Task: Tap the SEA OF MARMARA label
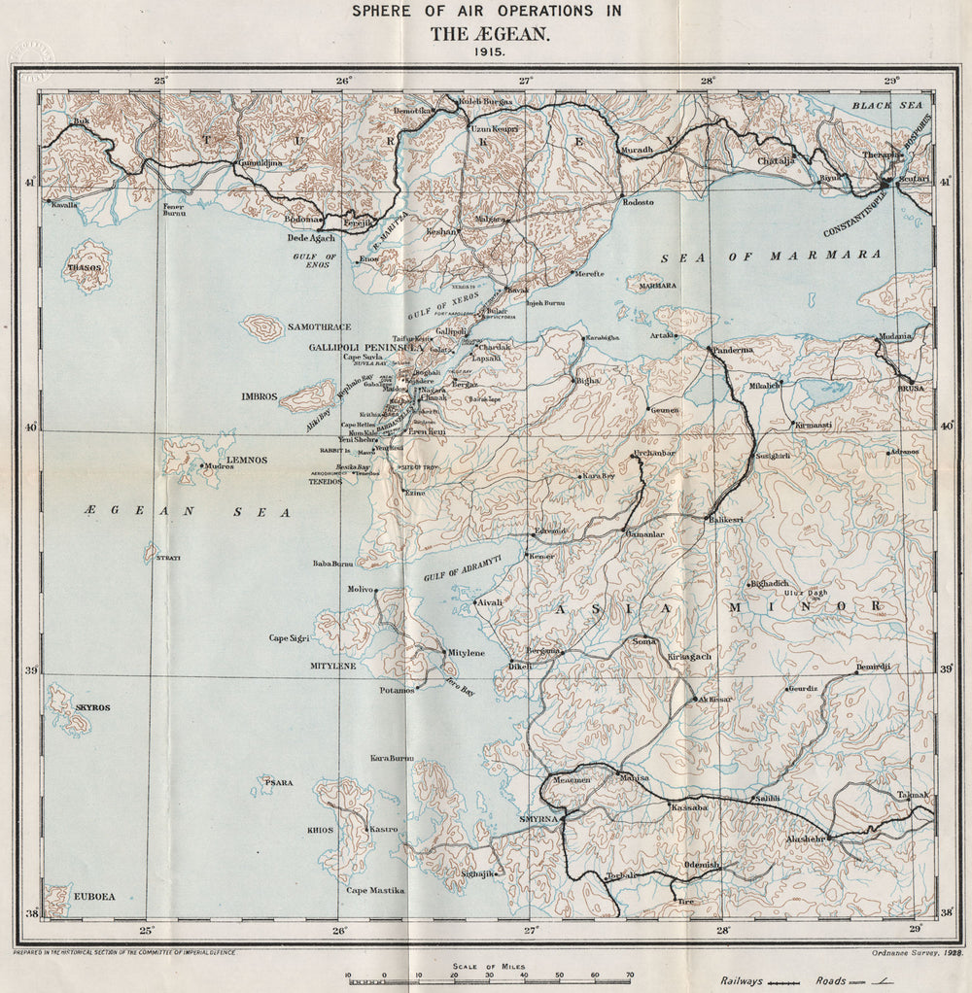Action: pyautogui.click(x=772, y=257)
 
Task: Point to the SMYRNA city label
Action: pyautogui.click(x=538, y=819)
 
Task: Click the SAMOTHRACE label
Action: pyautogui.click(x=319, y=327)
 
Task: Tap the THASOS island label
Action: pyautogui.click(x=86, y=264)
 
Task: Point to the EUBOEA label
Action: pyautogui.click(x=94, y=897)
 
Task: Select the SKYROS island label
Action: pyautogui.click(x=92, y=708)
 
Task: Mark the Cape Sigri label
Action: pyautogui.click(x=291, y=638)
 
